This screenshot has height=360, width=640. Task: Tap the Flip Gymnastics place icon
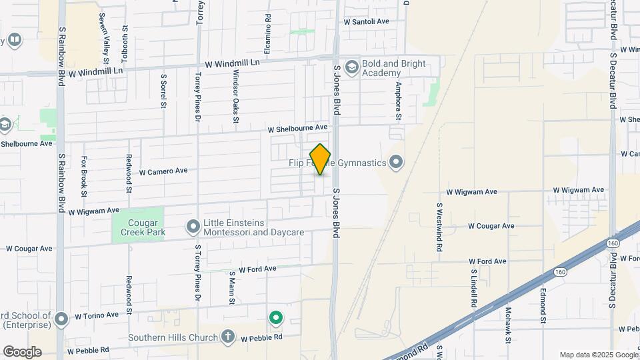[x=397, y=162]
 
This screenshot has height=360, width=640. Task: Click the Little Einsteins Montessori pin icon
[x=193, y=227]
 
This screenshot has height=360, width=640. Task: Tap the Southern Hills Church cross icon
[x=229, y=336]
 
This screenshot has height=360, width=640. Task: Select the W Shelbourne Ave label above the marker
[x=298, y=127]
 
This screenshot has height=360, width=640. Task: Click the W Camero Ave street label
[x=163, y=171]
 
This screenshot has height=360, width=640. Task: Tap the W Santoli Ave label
[x=366, y=21]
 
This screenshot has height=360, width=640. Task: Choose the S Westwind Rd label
[x=440, y=227]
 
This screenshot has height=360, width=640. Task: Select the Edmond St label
[x=543, y=301]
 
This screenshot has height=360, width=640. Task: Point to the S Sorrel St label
[x=163, y=90]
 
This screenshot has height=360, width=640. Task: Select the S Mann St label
[x=233, y=287]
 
